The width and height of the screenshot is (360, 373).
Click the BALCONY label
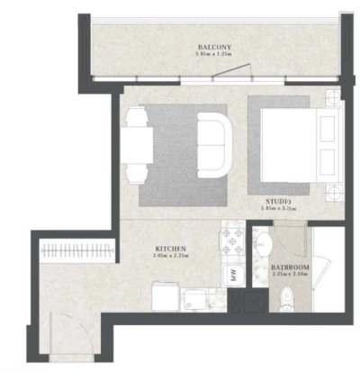(x=215, y=47)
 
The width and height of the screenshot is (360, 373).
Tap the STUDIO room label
(x=277, y=200)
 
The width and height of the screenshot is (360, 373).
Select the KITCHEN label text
(x=171, y=247)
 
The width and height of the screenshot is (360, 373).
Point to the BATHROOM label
(x=290, y=268)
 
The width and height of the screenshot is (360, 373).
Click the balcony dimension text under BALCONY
(x=215, y=55)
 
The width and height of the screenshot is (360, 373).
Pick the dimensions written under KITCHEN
(x=171, y=255)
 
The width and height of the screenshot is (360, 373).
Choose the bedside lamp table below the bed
(x=335, y=191)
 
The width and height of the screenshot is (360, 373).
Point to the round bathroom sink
(x=262, y=245)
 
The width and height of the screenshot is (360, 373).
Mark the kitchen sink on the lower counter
(x=195, y=297)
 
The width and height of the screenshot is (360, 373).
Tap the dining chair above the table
(x=137, y=115)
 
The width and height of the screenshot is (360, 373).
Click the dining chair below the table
(x=137, y=172)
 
